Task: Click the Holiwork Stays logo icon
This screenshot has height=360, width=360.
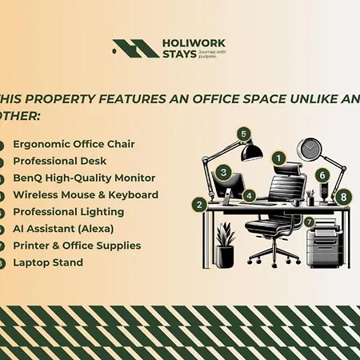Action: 135,49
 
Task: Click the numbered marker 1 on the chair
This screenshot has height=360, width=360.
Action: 278,158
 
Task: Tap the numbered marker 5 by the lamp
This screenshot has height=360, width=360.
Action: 244,134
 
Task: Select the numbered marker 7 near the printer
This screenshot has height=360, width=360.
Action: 309,221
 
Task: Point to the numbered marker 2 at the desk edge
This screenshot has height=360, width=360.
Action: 198,204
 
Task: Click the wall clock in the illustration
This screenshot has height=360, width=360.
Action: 308,149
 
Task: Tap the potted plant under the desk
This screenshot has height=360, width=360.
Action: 226,245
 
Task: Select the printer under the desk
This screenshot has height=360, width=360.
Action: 323,240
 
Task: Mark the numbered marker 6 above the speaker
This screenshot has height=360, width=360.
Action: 322,174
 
